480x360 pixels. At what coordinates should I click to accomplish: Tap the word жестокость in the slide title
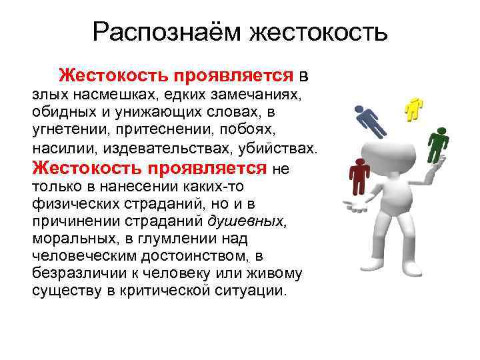[317, 31]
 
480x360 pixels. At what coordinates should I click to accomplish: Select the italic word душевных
[247, 219]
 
